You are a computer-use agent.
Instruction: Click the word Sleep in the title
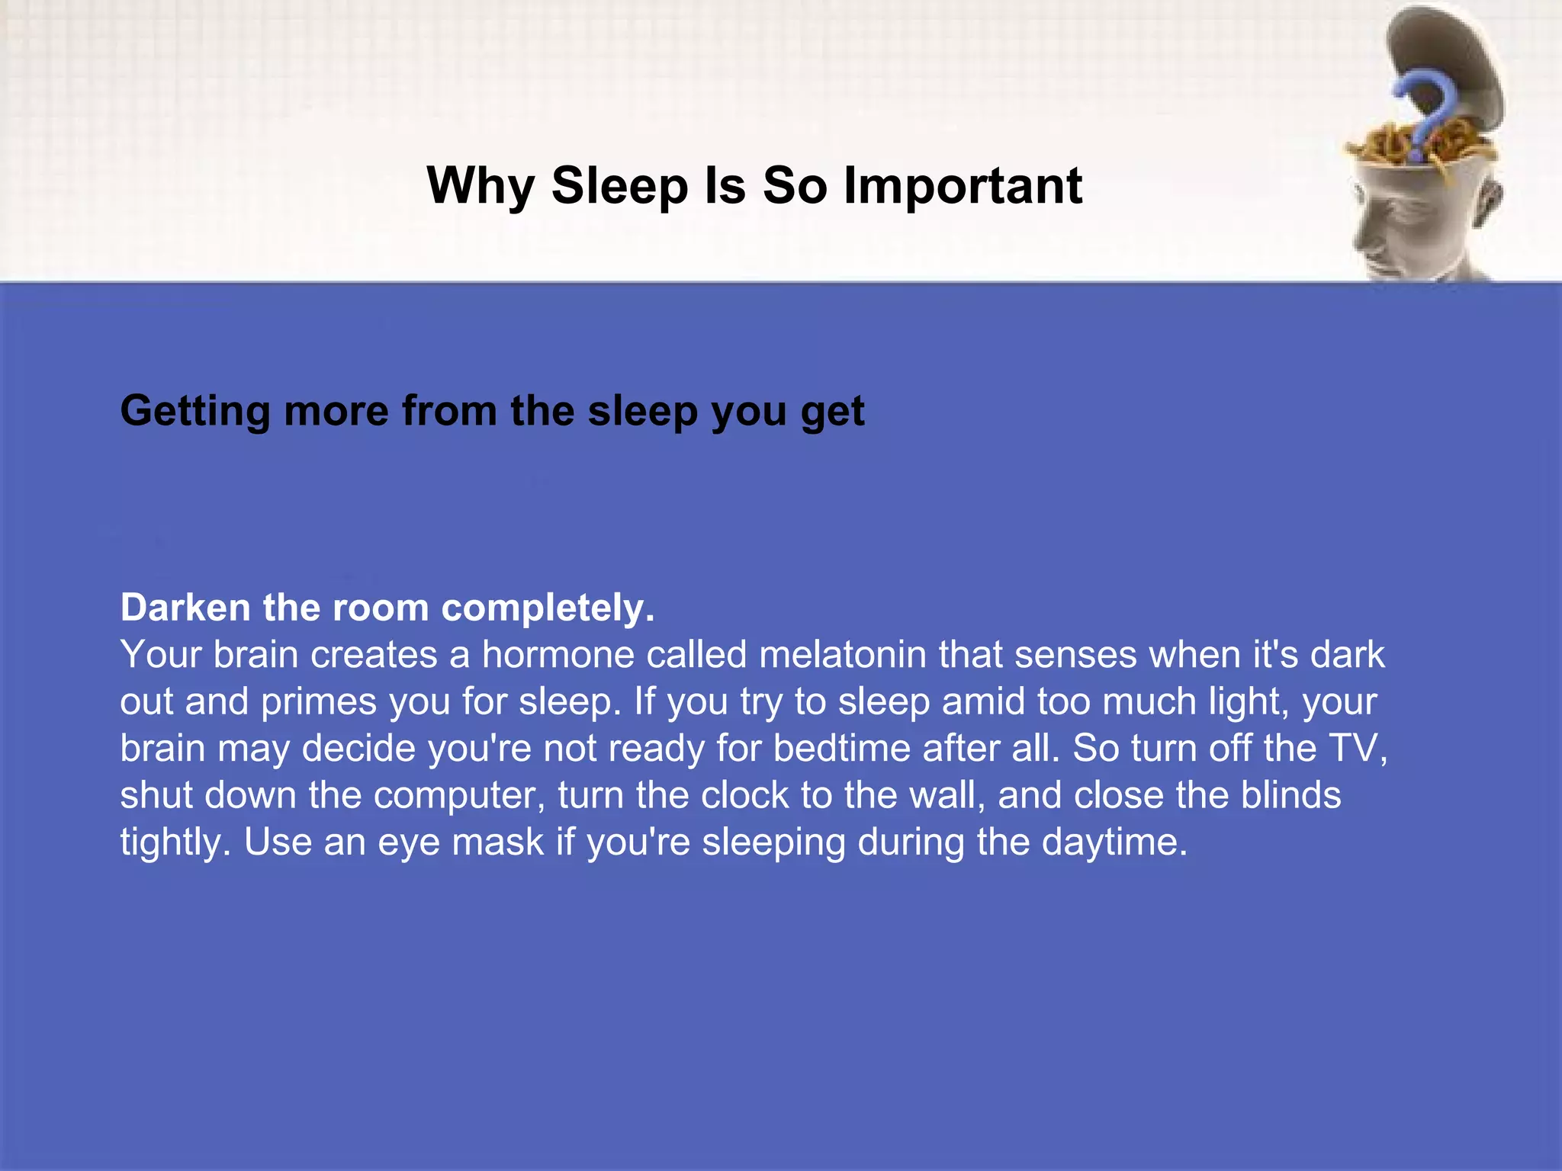pyautogui.click(x=619, y=187)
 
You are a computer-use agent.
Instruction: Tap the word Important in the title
pyautogui.click(x=963, y=187)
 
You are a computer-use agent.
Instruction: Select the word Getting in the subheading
pyautogui.click(x=195, y=412)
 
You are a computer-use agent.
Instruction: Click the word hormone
pyautogui.click(x=558, y=655)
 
